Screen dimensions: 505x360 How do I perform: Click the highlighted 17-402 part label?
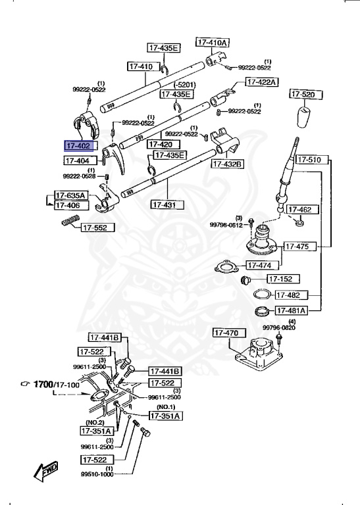pos(80,146)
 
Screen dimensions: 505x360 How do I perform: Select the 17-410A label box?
pos(212,42)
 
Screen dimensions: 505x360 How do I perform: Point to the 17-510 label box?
pos(308,160)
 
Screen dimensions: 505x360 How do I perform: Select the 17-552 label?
pos(98,228)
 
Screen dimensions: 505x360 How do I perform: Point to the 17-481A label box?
pos(292,310)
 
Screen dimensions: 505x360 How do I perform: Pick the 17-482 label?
pos(288,295)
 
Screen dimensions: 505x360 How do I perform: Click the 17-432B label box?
pos(227,164)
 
